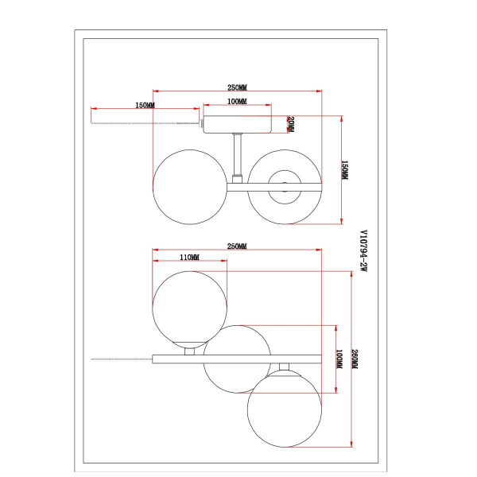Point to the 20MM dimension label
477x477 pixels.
291,125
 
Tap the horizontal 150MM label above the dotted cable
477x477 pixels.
145,105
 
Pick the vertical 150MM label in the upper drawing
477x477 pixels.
345,171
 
